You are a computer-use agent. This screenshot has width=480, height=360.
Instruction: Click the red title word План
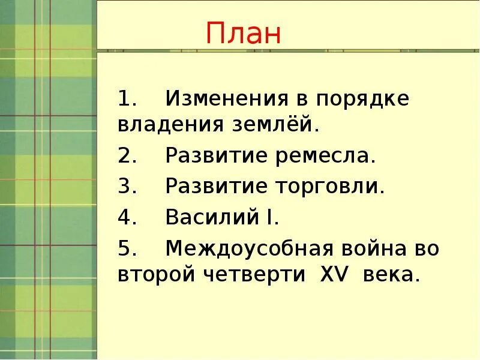(x=244, y=34)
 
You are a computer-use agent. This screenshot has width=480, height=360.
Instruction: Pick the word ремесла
(x=327, y=157)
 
